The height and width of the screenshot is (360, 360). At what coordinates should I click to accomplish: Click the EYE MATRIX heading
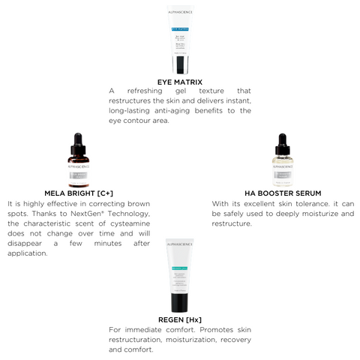pyautogui.click(x=180, y=81)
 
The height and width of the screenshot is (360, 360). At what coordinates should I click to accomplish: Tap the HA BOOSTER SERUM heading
pyautogui.click(x=283, y=192)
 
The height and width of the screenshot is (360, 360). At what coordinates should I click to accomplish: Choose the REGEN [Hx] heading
pyautogui.click(x=180, y=319)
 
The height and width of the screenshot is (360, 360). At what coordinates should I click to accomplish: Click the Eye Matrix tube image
pyautogui.click(x=180, y=40)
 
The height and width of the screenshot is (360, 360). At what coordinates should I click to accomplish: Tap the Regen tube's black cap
pyautogui.click(x=180, y=301)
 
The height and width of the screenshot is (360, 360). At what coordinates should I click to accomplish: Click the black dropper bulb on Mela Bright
pyautogui.click(x=78, y=140)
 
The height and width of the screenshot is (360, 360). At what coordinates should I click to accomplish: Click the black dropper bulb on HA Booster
pyautogui.click(x=283, y=140)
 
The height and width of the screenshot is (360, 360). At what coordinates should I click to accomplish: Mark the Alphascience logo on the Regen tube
pyautogui.click(x=180, y=244)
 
